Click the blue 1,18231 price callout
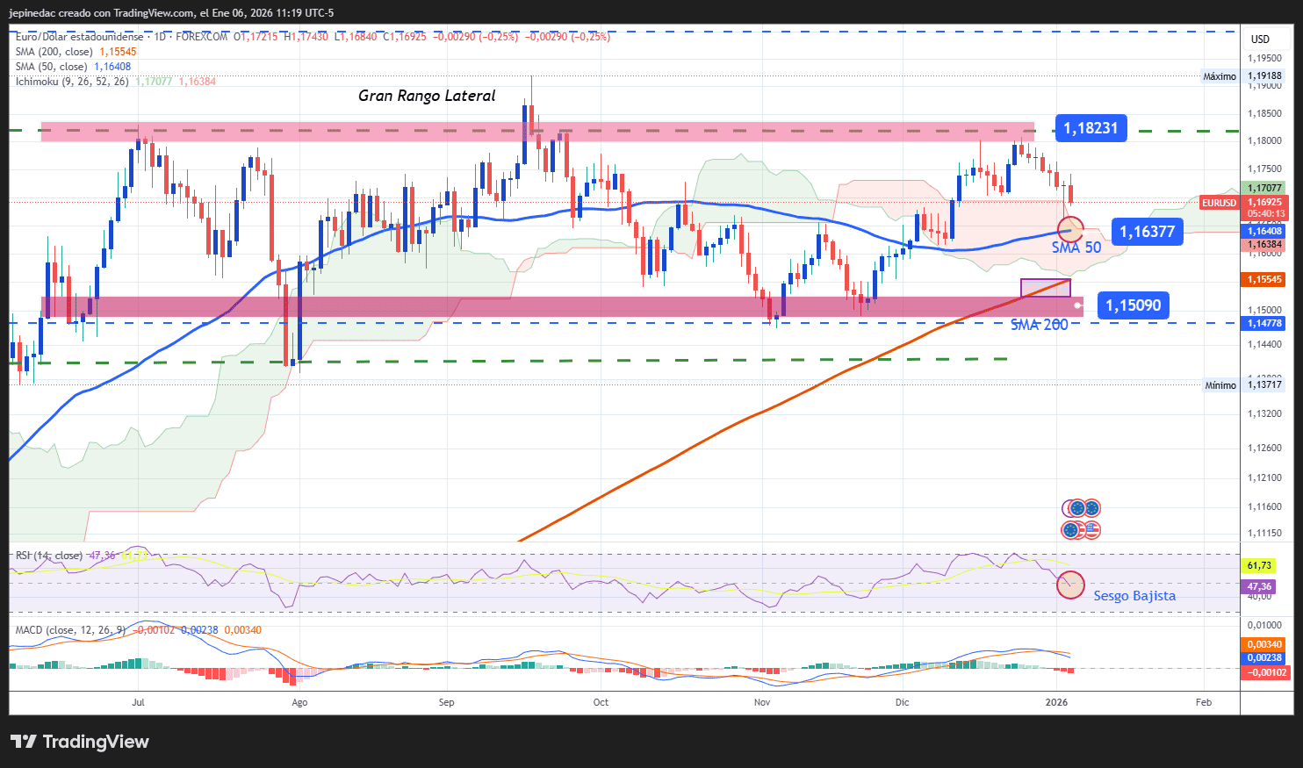(x=1091, y=128)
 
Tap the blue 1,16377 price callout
(x=1147, y=232)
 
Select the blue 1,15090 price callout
(x=1133, y=305)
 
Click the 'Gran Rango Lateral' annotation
(x=427, y=96)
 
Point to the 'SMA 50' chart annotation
(x=1076, y=248)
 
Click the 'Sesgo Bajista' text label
(x=1134, y=596)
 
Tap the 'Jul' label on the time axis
(x=138, y=702)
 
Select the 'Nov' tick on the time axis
(x=762, y=702)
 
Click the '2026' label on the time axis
(x=1057, y=702)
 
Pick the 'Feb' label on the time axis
(x=1204, y=702)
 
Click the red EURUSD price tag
(x=1219, y=203)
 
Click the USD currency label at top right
(x=1260, y=39)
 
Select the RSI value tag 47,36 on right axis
(x=1259, y=586)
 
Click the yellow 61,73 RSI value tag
(x=1259, y=566)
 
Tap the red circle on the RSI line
(x=1070, y=585)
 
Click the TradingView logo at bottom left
(x=80, y=742)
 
